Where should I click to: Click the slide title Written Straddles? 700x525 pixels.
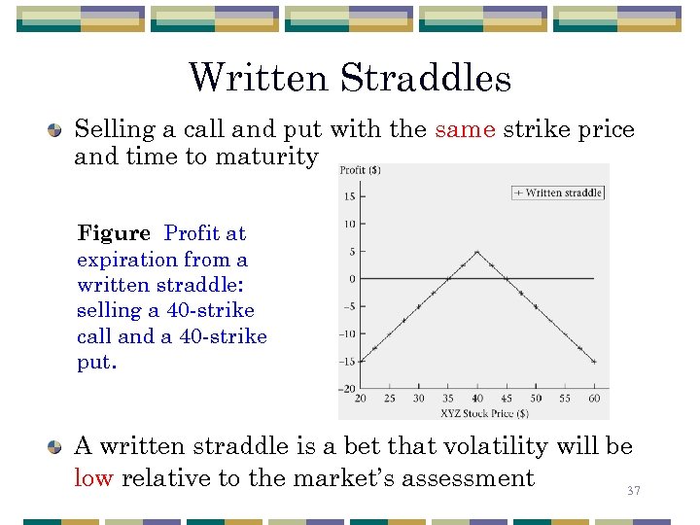coord(350,78)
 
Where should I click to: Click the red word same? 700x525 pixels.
coord(465,129)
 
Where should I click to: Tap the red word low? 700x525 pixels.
coord(94,477)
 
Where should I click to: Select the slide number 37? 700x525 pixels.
coord(634,492)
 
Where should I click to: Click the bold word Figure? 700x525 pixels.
coord(114,233)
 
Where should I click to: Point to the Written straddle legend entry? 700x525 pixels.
coord(558,192)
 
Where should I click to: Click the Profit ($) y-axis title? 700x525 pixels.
coord(360,171)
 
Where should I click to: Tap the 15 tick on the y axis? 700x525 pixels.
coord(348,197)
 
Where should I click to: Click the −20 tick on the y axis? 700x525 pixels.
coord(345,389)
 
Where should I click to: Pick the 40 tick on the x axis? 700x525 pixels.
coord(477,399)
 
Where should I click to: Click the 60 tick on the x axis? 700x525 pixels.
coord(594,399)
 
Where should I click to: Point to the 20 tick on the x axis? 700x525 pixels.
coord(361,399)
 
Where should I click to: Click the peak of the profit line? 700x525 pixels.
coord(477,252)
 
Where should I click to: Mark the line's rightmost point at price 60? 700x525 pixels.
coord(594,362)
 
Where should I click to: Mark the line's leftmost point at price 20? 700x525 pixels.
coord(361,362)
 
